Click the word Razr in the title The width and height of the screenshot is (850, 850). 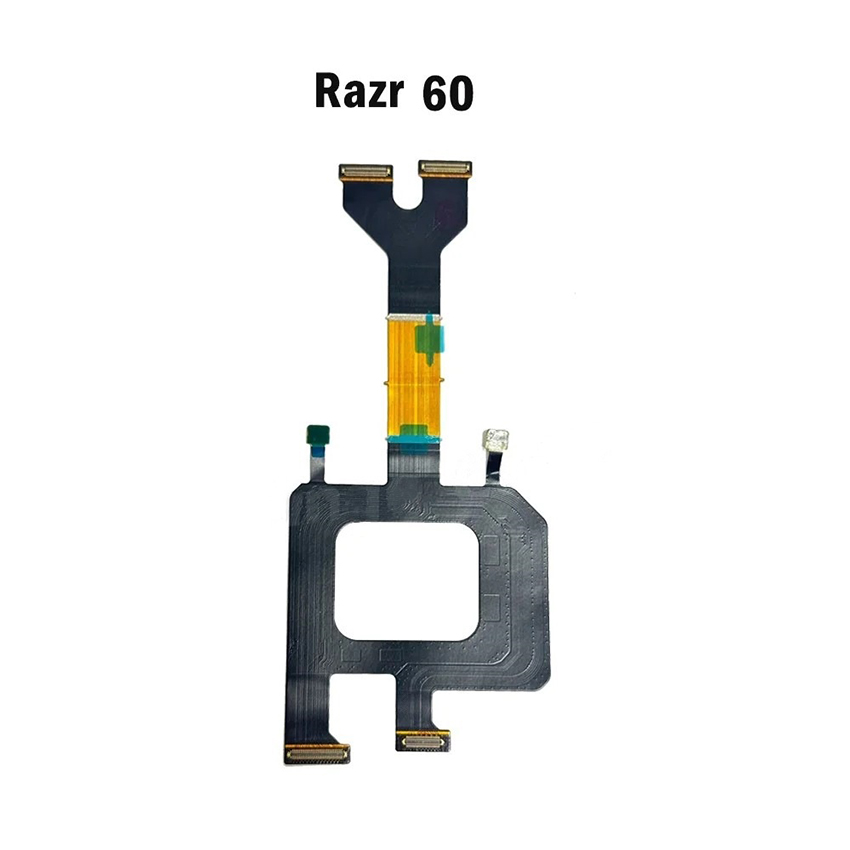(x=358, y=93)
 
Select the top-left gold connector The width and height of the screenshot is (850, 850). (x=366, y=172)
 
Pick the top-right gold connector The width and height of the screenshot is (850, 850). (x=445, y=169)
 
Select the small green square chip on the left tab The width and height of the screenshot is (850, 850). (x=319, y=434)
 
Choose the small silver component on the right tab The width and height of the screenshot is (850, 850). (x=496, y=439)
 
